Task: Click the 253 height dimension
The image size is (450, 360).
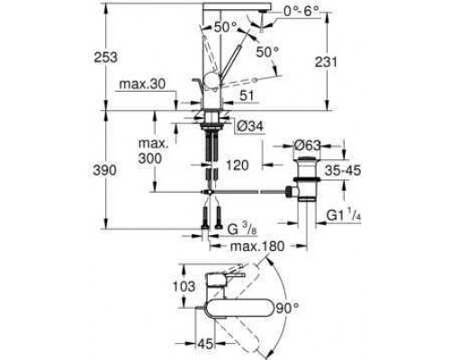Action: click(105, 57)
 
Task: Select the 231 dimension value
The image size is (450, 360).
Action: click(326, 62)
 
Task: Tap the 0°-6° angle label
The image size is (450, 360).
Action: click(301, 12)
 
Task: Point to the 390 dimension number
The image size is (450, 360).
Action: click(104, 170)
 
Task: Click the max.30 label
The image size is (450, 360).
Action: click(142, 85)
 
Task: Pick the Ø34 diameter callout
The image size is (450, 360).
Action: click(249, 126)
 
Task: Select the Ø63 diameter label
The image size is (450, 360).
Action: click(307, 146)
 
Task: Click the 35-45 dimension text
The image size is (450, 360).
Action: click(343, 170)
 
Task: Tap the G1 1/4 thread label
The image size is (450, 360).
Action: click(344, 215)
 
